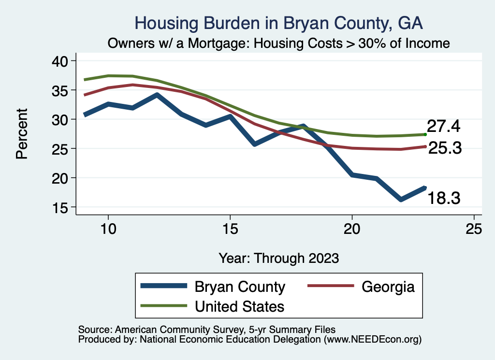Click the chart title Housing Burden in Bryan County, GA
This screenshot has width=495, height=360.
(279, 23)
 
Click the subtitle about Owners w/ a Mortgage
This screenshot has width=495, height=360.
(279, 43)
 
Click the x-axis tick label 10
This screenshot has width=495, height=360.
(108, 229)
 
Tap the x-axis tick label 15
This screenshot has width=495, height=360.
(230, 229)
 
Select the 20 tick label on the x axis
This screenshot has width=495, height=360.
(352, 229)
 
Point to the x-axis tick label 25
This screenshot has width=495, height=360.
(474, 229)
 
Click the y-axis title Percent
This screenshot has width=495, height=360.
(22, 134)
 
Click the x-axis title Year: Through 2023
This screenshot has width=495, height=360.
(278, 258)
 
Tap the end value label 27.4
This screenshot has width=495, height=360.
(443, 127)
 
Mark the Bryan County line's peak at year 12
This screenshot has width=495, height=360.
(157, 95)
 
